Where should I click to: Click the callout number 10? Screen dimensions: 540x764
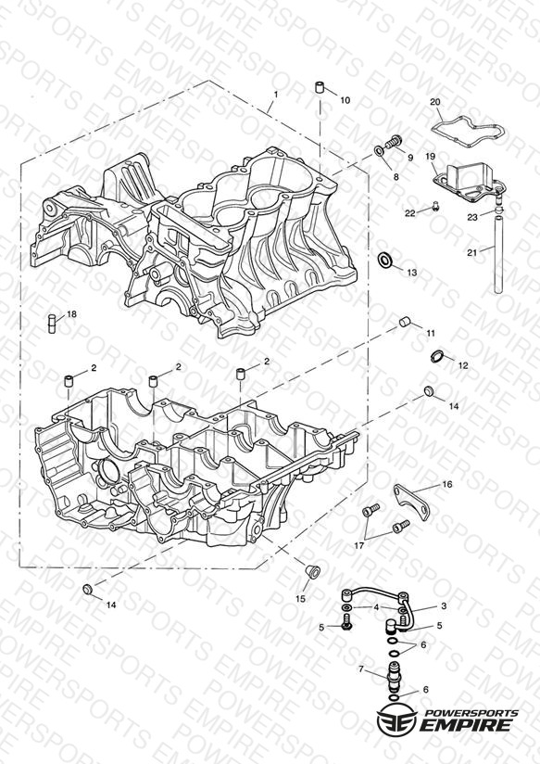coord(345,100)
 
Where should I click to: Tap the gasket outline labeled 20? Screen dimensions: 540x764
coord(468,130)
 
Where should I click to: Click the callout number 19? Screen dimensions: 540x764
coord(430,157)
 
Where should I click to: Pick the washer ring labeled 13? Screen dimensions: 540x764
coord(385,260)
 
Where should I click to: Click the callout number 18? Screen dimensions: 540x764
coord(71,314)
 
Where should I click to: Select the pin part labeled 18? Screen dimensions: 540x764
coord(51,324)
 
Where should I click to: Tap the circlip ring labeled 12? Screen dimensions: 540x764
coord(438,357)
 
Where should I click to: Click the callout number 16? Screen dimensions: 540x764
coord(447,484)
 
